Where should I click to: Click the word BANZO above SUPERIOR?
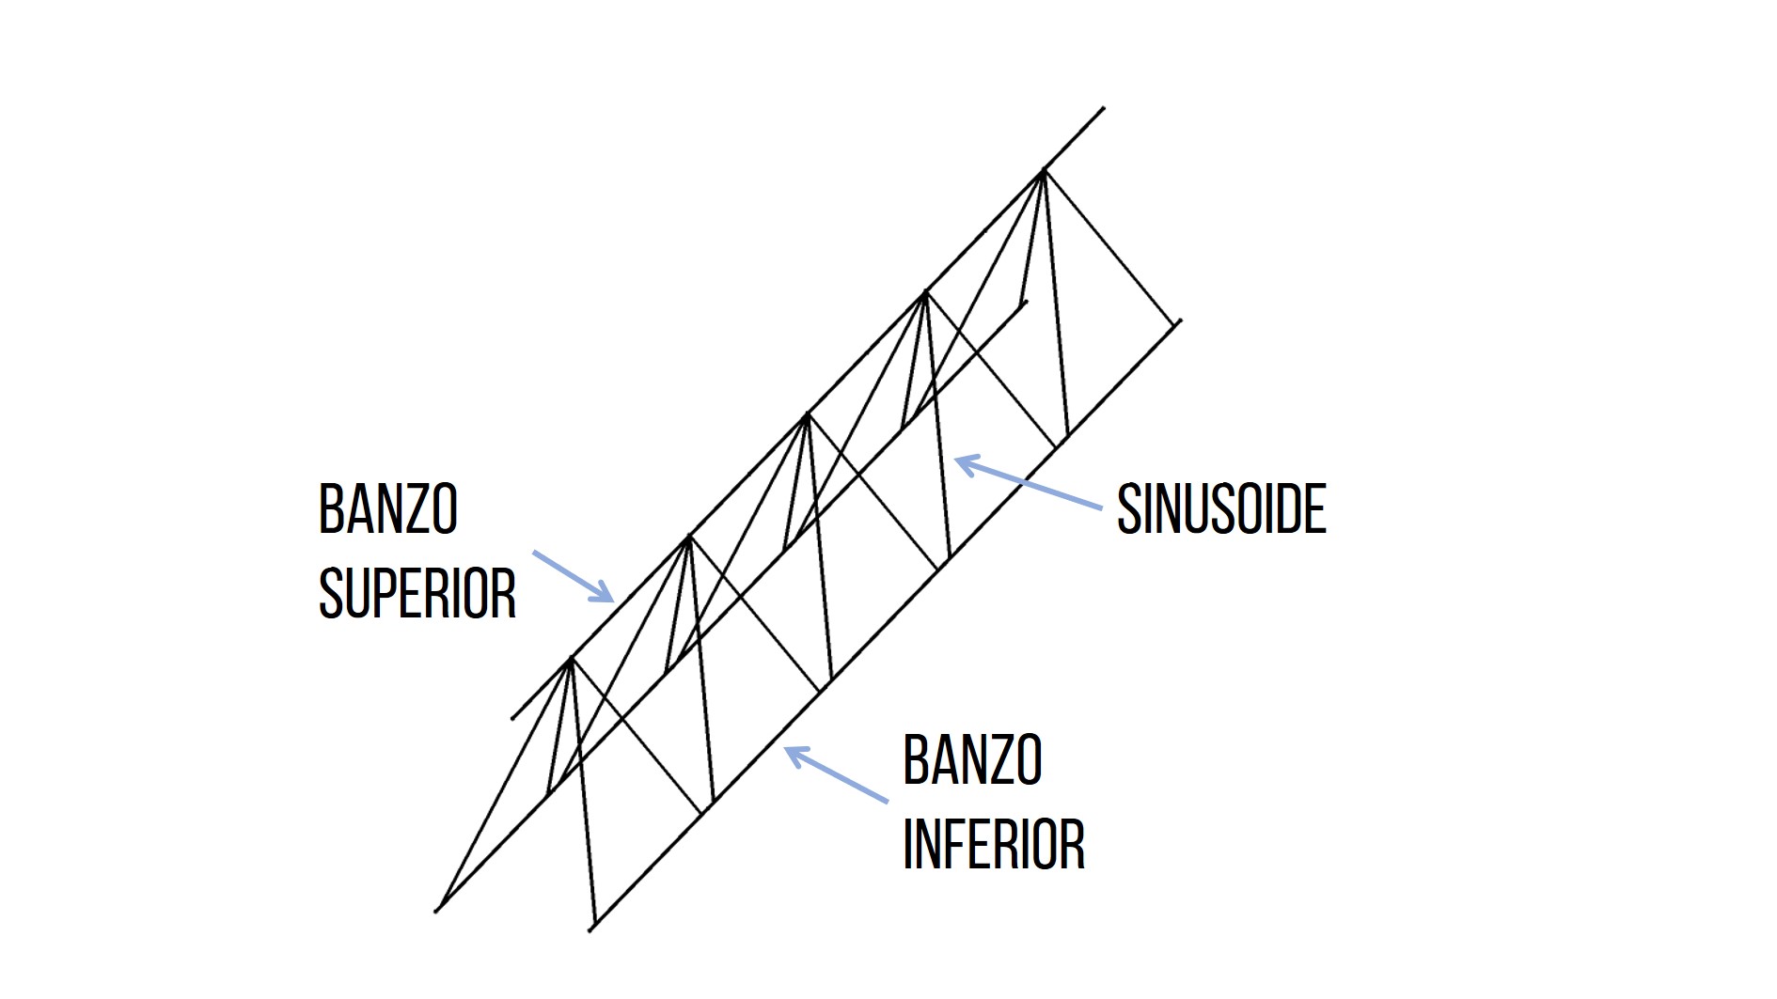pos(387,509)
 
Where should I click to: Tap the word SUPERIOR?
pos(417,593)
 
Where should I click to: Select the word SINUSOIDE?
pos(1221,509)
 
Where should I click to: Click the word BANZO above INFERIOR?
pos(972,760)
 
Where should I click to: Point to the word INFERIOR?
pos(993,844)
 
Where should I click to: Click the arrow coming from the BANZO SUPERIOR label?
pos(574,576)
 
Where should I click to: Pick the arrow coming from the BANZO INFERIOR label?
pos(836,774)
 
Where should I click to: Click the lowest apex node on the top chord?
pos(570,659)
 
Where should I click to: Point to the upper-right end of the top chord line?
pos(1103,108)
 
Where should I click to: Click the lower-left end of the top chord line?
pos(512,719)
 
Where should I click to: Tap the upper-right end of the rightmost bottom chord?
pos(1178,320)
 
